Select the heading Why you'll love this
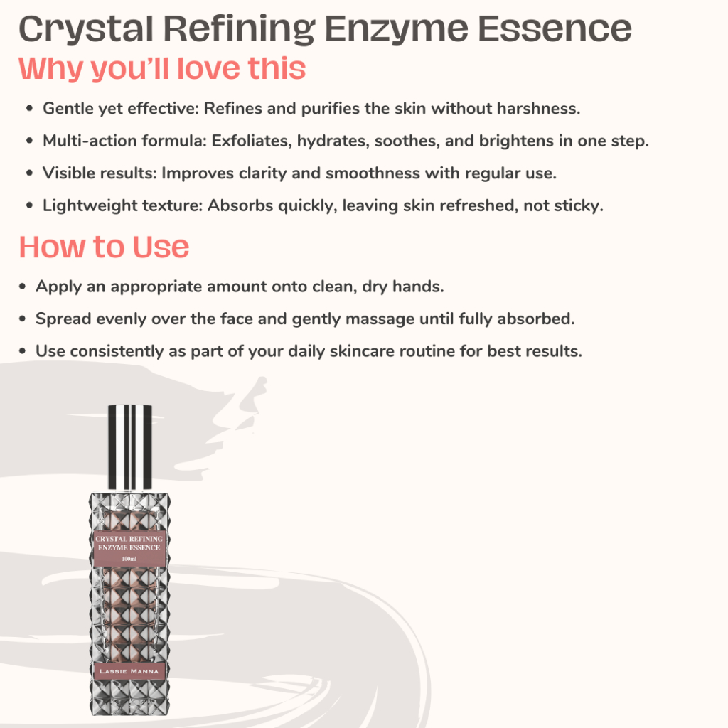(x=162, y=69)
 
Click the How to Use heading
(x=104, y=247)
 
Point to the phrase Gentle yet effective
(x=121, y=109)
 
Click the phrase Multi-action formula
(x=124, y=141)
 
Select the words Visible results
(x=100, y=173)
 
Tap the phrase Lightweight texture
(x=122, y=205)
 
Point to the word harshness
(x=539, y=109)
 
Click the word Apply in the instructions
(x=58, y=287)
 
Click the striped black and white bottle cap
(x=130, y=447)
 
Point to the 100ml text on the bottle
(x=129, y=559)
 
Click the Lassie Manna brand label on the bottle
(x=129, y=671)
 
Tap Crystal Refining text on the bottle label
(x=129, y=539)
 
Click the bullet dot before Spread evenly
(x=22, y=319)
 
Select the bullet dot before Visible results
(x=30, y=173)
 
